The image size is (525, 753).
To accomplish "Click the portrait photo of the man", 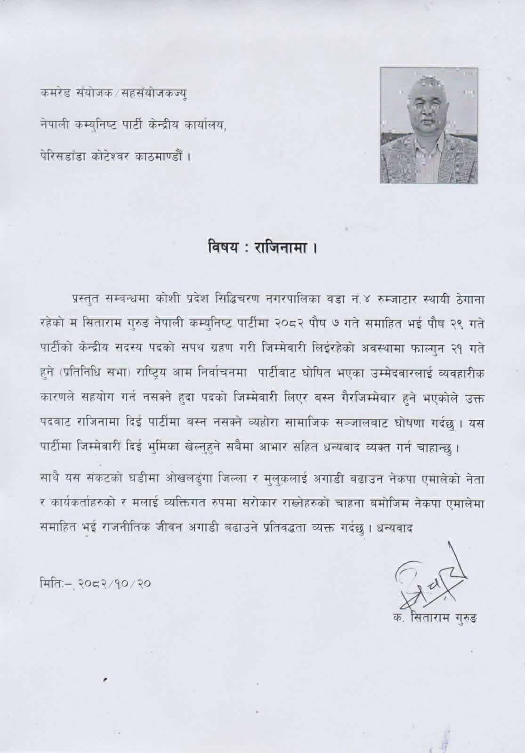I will pos(429,125).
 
